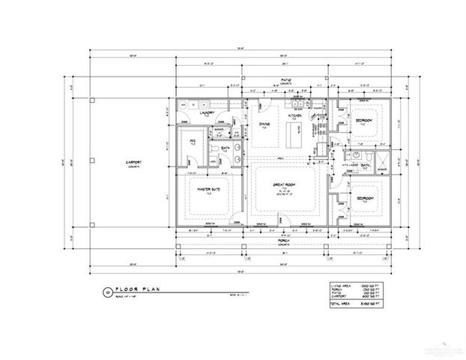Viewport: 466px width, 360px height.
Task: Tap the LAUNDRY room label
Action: coord(208,114)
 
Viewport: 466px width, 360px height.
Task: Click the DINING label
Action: coord(264,124)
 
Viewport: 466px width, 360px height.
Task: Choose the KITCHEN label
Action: coord(295,117)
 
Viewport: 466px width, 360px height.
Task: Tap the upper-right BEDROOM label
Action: coord(365,121)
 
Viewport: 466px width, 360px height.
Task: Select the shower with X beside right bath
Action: coord(383,160)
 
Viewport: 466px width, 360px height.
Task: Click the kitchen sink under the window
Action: coord(297,103)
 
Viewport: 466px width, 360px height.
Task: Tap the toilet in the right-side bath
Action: coord(370,160)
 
